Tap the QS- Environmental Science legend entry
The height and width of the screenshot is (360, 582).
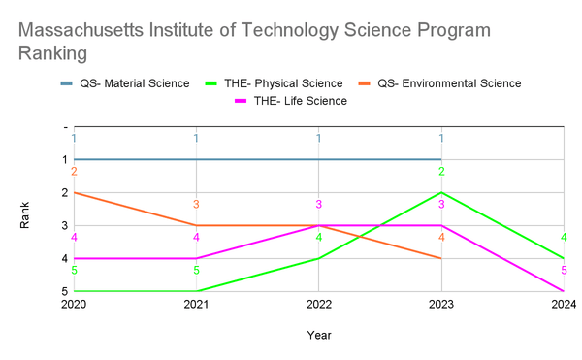point(448,83)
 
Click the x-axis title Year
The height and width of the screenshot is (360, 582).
point(319,335)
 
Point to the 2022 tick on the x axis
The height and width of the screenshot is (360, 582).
point(319,304)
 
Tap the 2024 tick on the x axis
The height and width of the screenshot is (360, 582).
point(564,304)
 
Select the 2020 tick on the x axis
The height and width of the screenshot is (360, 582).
point(74,304)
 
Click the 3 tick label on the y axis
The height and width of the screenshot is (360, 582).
point(64,226)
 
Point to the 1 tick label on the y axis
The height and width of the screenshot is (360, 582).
point(64,160)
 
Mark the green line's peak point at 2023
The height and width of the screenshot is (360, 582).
point(441,192)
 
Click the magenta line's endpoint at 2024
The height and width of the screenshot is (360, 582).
point(564,291)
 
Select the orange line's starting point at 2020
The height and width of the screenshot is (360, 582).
point(74,192)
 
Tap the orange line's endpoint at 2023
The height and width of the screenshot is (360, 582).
point(441,258)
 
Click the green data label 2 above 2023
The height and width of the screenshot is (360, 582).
point(441,172)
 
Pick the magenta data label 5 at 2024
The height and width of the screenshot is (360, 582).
point(564,271)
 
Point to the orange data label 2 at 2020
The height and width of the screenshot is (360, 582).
point(74,172)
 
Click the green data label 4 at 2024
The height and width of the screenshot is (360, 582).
point(564,238)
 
